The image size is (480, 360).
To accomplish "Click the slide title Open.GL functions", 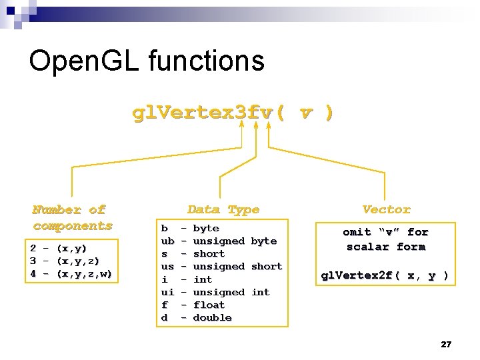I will [147, 61].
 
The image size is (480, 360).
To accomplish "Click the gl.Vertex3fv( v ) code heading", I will [233, 113].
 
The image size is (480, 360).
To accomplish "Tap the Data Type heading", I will [223, 209].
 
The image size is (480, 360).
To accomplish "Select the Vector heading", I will [386, 209].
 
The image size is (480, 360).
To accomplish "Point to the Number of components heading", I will [72, 218].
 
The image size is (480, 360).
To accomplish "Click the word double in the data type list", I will [212, 317].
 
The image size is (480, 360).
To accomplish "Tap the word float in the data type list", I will [209, 305].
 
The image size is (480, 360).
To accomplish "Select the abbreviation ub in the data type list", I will [167, 241].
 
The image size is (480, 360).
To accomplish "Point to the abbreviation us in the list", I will [167, 266].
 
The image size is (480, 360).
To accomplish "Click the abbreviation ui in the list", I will [167, 292].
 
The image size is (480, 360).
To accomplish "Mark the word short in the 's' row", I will [209, 253].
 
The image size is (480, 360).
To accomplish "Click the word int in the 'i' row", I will [202, 279].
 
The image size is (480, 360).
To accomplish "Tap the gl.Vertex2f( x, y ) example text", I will [385, 275].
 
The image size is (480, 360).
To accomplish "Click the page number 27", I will [446, 344].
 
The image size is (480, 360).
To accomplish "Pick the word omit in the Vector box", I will [357, 232].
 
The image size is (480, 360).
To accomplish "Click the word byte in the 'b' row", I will [205, 228].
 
